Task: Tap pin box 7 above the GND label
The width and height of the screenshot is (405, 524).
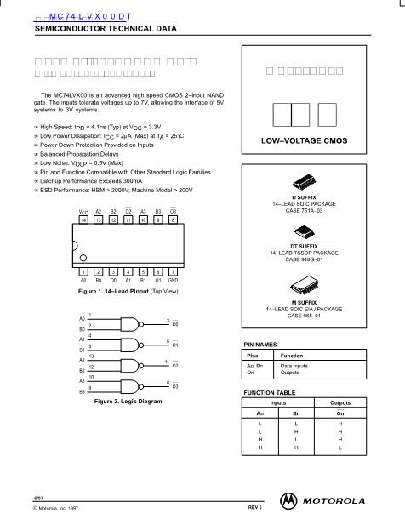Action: tap(173, 271)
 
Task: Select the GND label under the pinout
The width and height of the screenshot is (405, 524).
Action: tap(173, 280)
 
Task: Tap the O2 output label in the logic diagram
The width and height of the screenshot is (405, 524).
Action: tap(175, 366)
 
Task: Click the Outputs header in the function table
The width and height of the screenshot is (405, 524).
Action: tap(339, 402)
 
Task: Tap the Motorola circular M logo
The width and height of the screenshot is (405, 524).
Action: tap(292, 498)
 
